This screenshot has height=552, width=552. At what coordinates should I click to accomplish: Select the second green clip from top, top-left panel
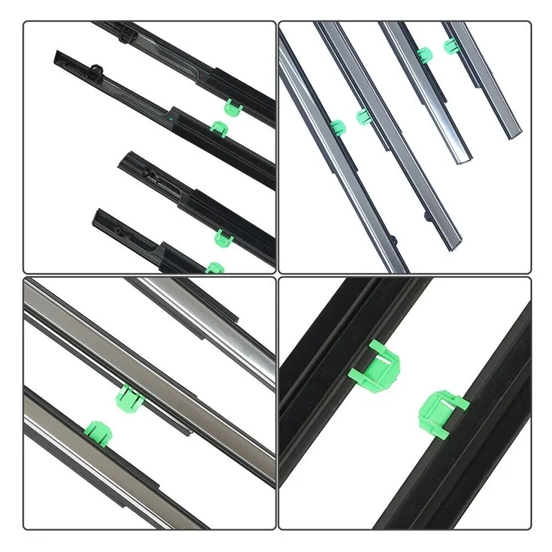219,128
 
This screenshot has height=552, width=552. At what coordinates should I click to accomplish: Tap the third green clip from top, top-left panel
221,237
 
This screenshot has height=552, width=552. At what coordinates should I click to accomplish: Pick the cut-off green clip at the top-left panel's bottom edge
215,268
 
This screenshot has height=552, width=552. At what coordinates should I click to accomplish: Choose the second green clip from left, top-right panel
364,117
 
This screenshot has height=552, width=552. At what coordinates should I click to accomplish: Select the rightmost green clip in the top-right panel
450,46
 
